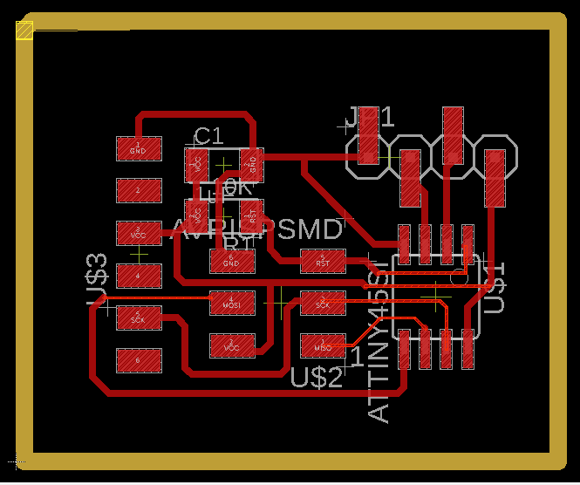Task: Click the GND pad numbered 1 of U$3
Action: click(139, 147)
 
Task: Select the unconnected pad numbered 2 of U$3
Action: click(139, 190)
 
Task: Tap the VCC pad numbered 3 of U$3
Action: click(139, 233)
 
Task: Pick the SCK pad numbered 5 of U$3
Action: click(139, 318)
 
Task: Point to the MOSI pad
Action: click(231, 303)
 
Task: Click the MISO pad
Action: click(323, 345)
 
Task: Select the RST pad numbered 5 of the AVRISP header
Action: click(323, 260)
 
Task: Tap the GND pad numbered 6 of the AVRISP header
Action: click(231, 260)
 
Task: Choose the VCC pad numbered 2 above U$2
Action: click(231, 345)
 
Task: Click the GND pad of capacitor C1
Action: click(251, 161)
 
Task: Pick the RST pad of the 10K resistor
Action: click(251, 213)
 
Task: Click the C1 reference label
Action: click(208, 135)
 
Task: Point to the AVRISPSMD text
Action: click(258, 230)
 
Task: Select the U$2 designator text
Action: click(316, 379)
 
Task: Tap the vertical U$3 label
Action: click(98, 279)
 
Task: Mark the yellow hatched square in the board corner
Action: click(24, 31)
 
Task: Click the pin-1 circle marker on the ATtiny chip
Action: click(457, 278)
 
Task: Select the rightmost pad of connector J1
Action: click(495, 178)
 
